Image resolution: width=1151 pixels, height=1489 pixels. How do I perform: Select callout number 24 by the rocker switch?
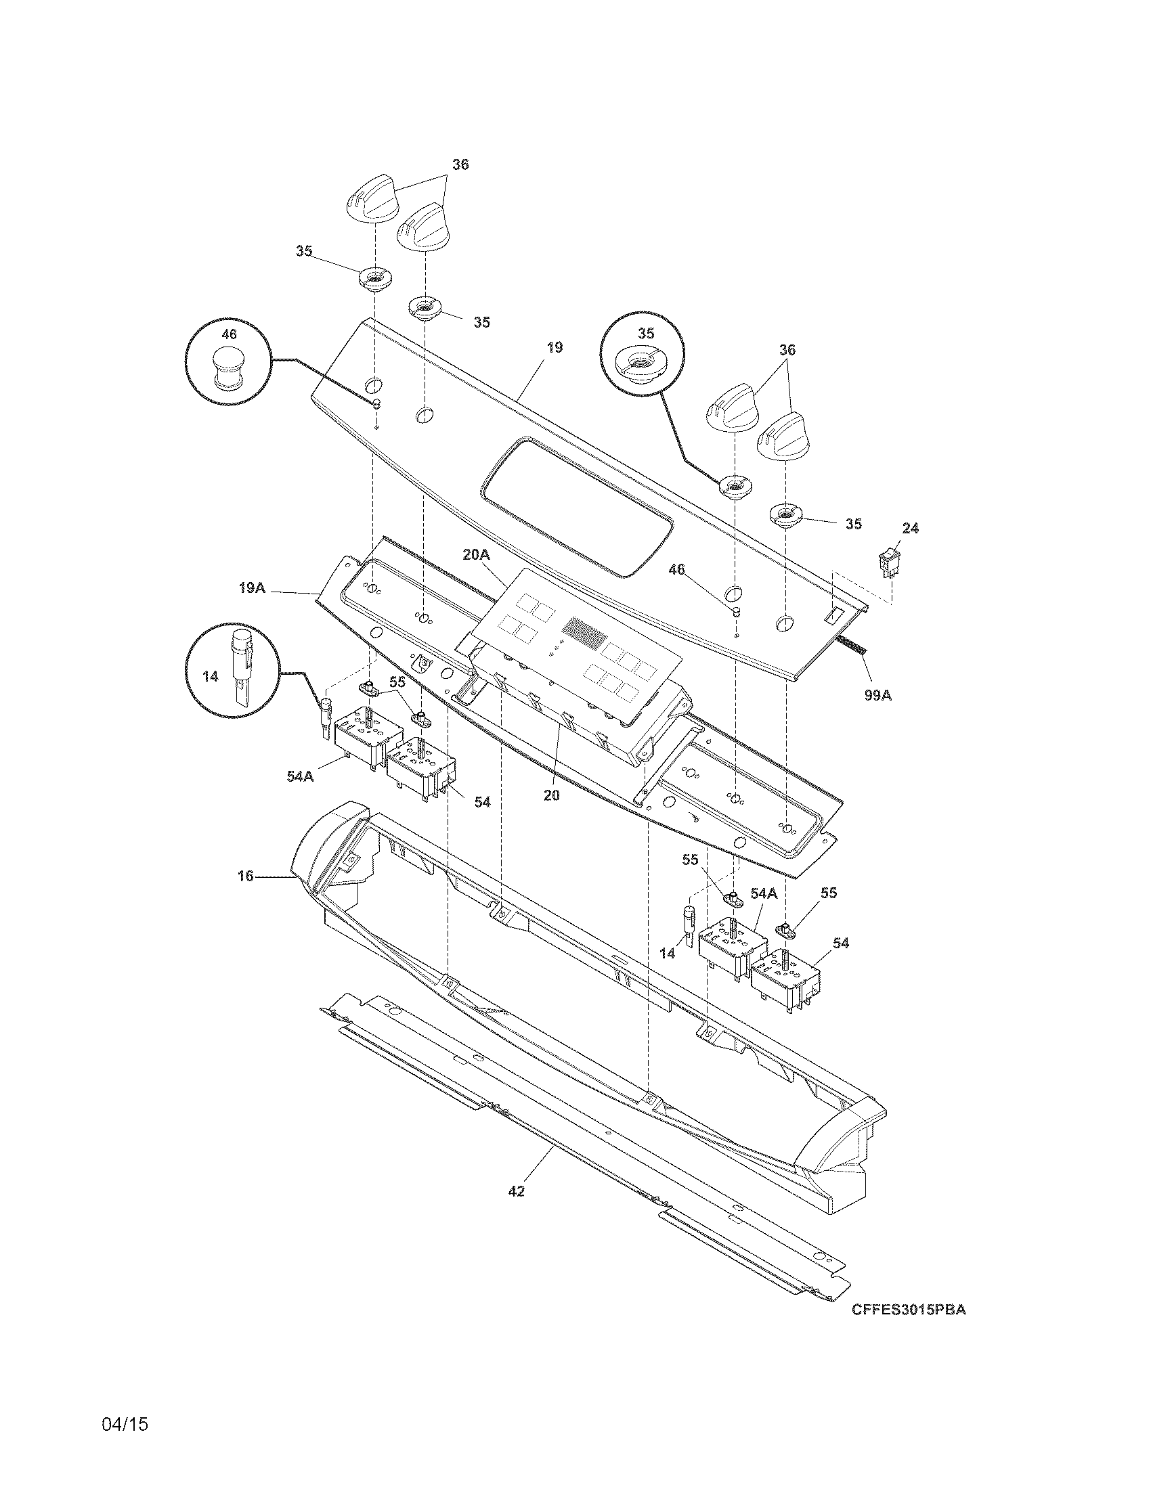pos(910,528)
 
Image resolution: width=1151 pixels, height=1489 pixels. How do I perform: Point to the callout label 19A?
pos(252,587)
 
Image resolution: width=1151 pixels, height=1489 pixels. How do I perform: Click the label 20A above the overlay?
pos(476,555)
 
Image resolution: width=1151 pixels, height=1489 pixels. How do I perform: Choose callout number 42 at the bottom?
pos(517,1191)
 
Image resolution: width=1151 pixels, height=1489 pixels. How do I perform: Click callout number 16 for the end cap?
pos(245,875)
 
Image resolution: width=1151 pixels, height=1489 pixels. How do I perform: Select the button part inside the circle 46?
pos(229,368)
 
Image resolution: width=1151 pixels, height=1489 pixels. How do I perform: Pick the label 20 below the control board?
pos(551,795)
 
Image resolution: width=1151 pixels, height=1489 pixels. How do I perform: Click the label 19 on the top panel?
pos(555,348)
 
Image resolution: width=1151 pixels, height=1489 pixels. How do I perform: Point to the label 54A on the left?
pos(300,776)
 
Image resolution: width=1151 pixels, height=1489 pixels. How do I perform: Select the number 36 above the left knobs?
pos(460,164)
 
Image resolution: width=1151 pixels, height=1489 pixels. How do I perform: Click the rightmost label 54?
pos(841,943)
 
